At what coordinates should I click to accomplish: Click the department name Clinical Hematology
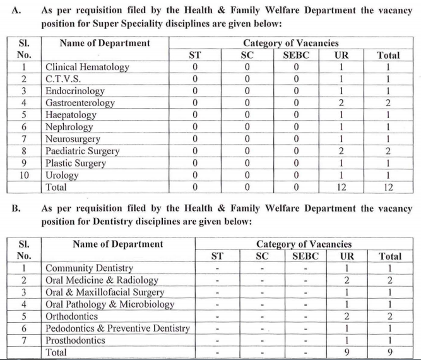(87, 67)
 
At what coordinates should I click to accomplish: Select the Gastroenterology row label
(80, 103)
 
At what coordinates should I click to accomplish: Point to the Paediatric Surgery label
(83, 151)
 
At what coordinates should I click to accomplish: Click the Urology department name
(62, 175)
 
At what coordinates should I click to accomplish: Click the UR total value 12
(341, 187)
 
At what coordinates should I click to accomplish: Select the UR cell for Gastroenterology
(341, 103)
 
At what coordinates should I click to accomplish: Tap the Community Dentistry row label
(89, 268)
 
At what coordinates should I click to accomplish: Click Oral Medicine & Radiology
(102, 280)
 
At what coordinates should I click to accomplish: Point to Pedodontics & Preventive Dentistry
(117, 328)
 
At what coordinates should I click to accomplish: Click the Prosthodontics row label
(75, 340)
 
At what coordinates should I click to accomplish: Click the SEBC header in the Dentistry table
(305, 256)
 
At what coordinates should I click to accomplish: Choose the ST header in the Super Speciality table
(195, 55)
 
